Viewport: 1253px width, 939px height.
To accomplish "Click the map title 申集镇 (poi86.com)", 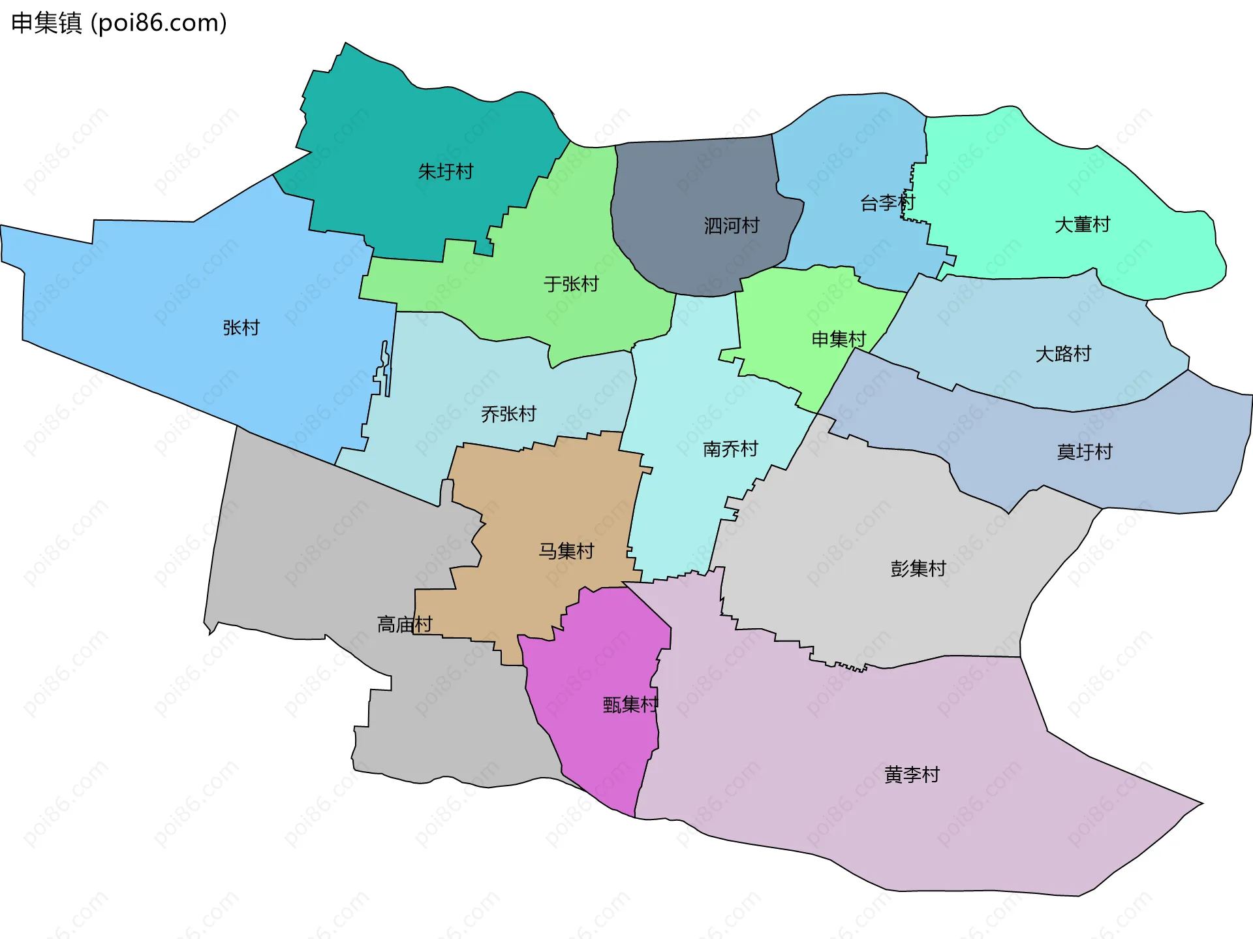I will pos(119,23).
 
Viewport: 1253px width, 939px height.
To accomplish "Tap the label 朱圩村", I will pos(445,172).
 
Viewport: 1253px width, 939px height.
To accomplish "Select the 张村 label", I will pos(241,327).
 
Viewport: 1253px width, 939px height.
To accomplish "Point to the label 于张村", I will pos(571,284).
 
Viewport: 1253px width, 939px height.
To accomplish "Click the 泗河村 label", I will pos(732,226).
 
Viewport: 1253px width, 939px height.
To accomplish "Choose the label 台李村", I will pos(888,203).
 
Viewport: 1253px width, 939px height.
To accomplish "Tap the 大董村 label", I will pos(1082,225).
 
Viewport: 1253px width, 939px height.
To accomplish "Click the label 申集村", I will pos(839,339).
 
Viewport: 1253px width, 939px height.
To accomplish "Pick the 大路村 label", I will pos(1063,354).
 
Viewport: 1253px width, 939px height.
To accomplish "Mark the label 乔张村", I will pos(508,414).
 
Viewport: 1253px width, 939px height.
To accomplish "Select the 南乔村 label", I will pos(730,449).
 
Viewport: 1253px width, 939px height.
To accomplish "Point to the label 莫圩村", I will pos(1084,452).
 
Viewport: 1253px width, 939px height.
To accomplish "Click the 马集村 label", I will pos(566,551).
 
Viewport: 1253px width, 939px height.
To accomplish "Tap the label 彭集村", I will pos(918,569).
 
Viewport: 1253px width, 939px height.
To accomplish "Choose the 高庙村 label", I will pos(405,624).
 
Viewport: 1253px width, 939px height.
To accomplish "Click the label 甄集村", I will pos(630,705).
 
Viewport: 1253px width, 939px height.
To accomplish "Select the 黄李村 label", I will pos(912,774).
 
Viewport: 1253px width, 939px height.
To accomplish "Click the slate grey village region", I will pos(698,189).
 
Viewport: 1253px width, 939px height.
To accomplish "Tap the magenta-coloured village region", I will pos(600,751).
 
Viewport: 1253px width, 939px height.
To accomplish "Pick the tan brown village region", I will pos(555,496).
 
